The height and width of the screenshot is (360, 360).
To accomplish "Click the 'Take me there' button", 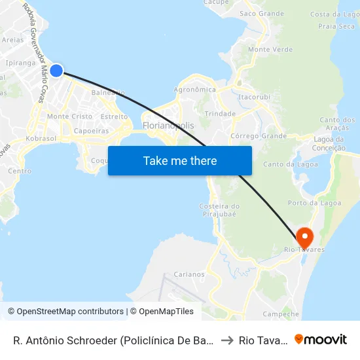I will (x=180, y=160).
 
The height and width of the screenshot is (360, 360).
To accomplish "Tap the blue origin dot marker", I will (x=56, y=70).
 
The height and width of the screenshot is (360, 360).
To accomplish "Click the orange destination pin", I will (x=304, y=236).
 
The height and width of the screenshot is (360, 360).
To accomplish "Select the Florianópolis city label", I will (x=168, y=125).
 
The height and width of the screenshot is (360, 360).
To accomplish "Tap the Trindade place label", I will (x=220, y=113).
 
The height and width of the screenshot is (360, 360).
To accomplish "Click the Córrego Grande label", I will (x=259, y=136).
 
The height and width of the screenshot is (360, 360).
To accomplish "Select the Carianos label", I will (x=190, y=275).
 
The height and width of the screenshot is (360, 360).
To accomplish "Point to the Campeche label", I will (x=280, y=314).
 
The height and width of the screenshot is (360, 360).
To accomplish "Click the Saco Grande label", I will (x=261, y=13).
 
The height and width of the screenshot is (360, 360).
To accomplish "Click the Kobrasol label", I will (x=41, y=139).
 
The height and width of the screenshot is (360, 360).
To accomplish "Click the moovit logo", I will (x=321, y=339).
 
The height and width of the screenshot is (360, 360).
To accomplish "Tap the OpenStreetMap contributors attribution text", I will (x=68, y=312).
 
